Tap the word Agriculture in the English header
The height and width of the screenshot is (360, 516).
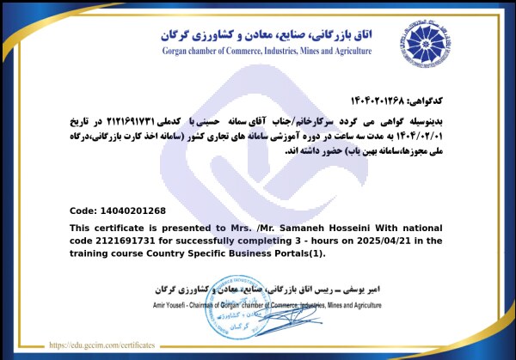click(349, 51)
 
